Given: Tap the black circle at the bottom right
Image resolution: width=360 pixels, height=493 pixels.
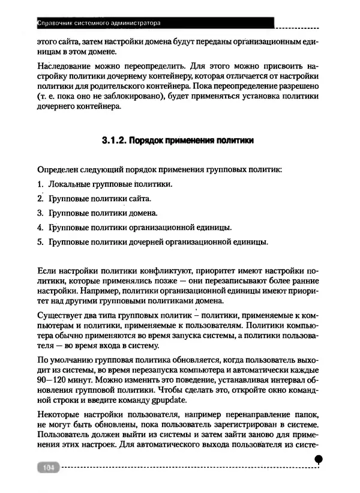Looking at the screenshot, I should click(x=319, y=459).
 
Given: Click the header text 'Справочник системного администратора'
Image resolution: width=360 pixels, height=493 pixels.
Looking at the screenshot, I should click(x=99, y=25).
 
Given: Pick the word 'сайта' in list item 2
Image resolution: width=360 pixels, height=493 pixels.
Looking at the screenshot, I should click(x=139, y=198).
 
